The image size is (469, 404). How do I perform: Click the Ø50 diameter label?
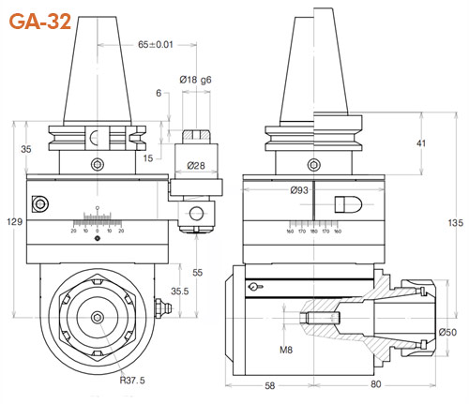point(448,333)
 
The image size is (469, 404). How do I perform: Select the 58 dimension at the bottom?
point(268,384)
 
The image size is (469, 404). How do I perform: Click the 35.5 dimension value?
point(181,291)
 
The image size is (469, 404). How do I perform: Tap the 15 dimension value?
point(146,158)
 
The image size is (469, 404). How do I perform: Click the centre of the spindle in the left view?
point(98,318)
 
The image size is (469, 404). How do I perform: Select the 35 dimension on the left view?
point(25,148)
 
